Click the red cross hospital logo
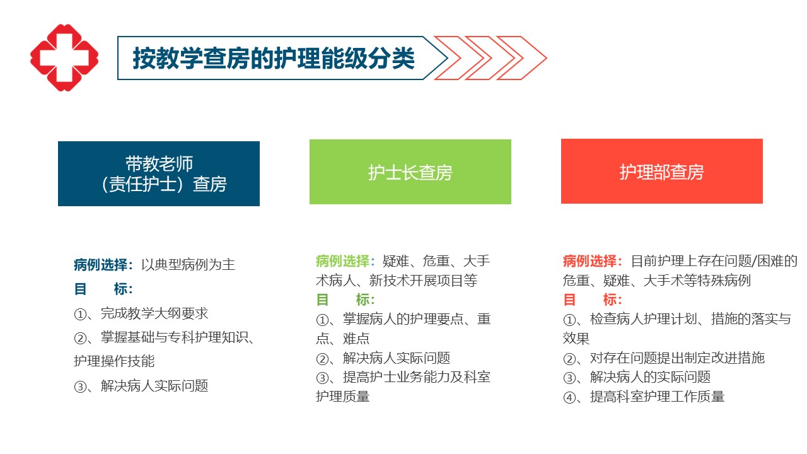coord(64,57)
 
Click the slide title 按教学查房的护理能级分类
coord(274,58)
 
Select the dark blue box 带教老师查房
coord(158,173)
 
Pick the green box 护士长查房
coord(410,172)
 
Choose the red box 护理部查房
coord(662,171)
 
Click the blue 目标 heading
coord(103,289)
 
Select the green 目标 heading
coord(345,300)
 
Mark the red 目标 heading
coord(593,300)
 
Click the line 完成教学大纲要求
coord(154,313)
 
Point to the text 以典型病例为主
coord(188,265)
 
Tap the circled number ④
coord(569,397)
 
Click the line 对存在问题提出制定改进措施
coord(677,358)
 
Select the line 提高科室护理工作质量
coord(657,397)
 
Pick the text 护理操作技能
coord(114,361)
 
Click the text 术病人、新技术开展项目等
coord(397,281)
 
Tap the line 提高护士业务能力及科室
coord(417,377)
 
